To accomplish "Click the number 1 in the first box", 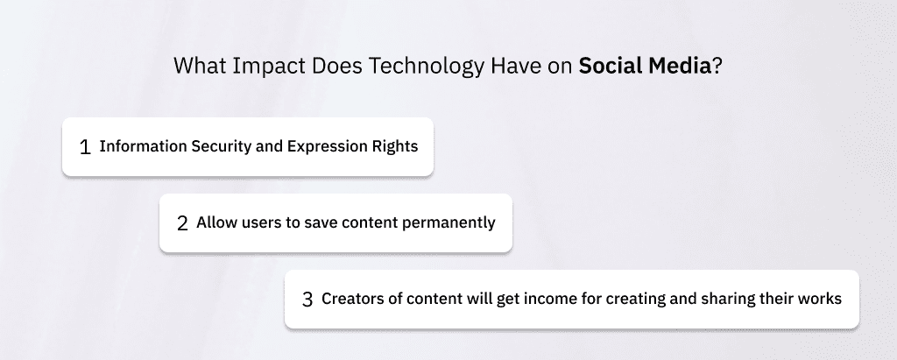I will click(85, 147).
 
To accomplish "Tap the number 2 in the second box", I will click(182, 223).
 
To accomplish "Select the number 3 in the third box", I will click(307, 300).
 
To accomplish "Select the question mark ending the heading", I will click(717, 67).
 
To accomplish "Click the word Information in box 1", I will click(144, 146).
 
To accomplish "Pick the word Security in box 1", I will click(222, 147).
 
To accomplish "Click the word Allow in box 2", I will click(215, 222).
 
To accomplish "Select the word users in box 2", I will click(260, 222).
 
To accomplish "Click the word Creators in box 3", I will click(353, 299).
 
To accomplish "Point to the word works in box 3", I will click(822, 299).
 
